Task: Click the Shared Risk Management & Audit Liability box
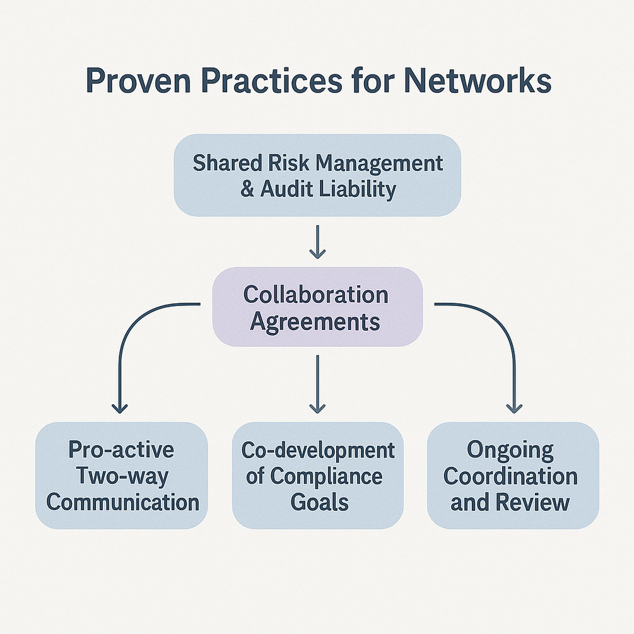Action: click(x=317, y=175)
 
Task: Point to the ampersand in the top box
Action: click(x=247, y=189)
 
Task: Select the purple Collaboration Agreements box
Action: click(x=317, y=307)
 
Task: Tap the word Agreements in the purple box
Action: click(x=315, y=321)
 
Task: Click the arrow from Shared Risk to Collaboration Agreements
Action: click(x=317, y=242)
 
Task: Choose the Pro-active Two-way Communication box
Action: click(x=122, y=475)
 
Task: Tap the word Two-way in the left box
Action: click(x=122, y=476)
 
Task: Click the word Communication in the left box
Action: click(x=123, y=502)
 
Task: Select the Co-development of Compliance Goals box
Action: click(x=317, y=475)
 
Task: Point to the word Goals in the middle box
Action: click(x=319, y=502)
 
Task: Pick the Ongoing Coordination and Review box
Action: click(x=512, y=475)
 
